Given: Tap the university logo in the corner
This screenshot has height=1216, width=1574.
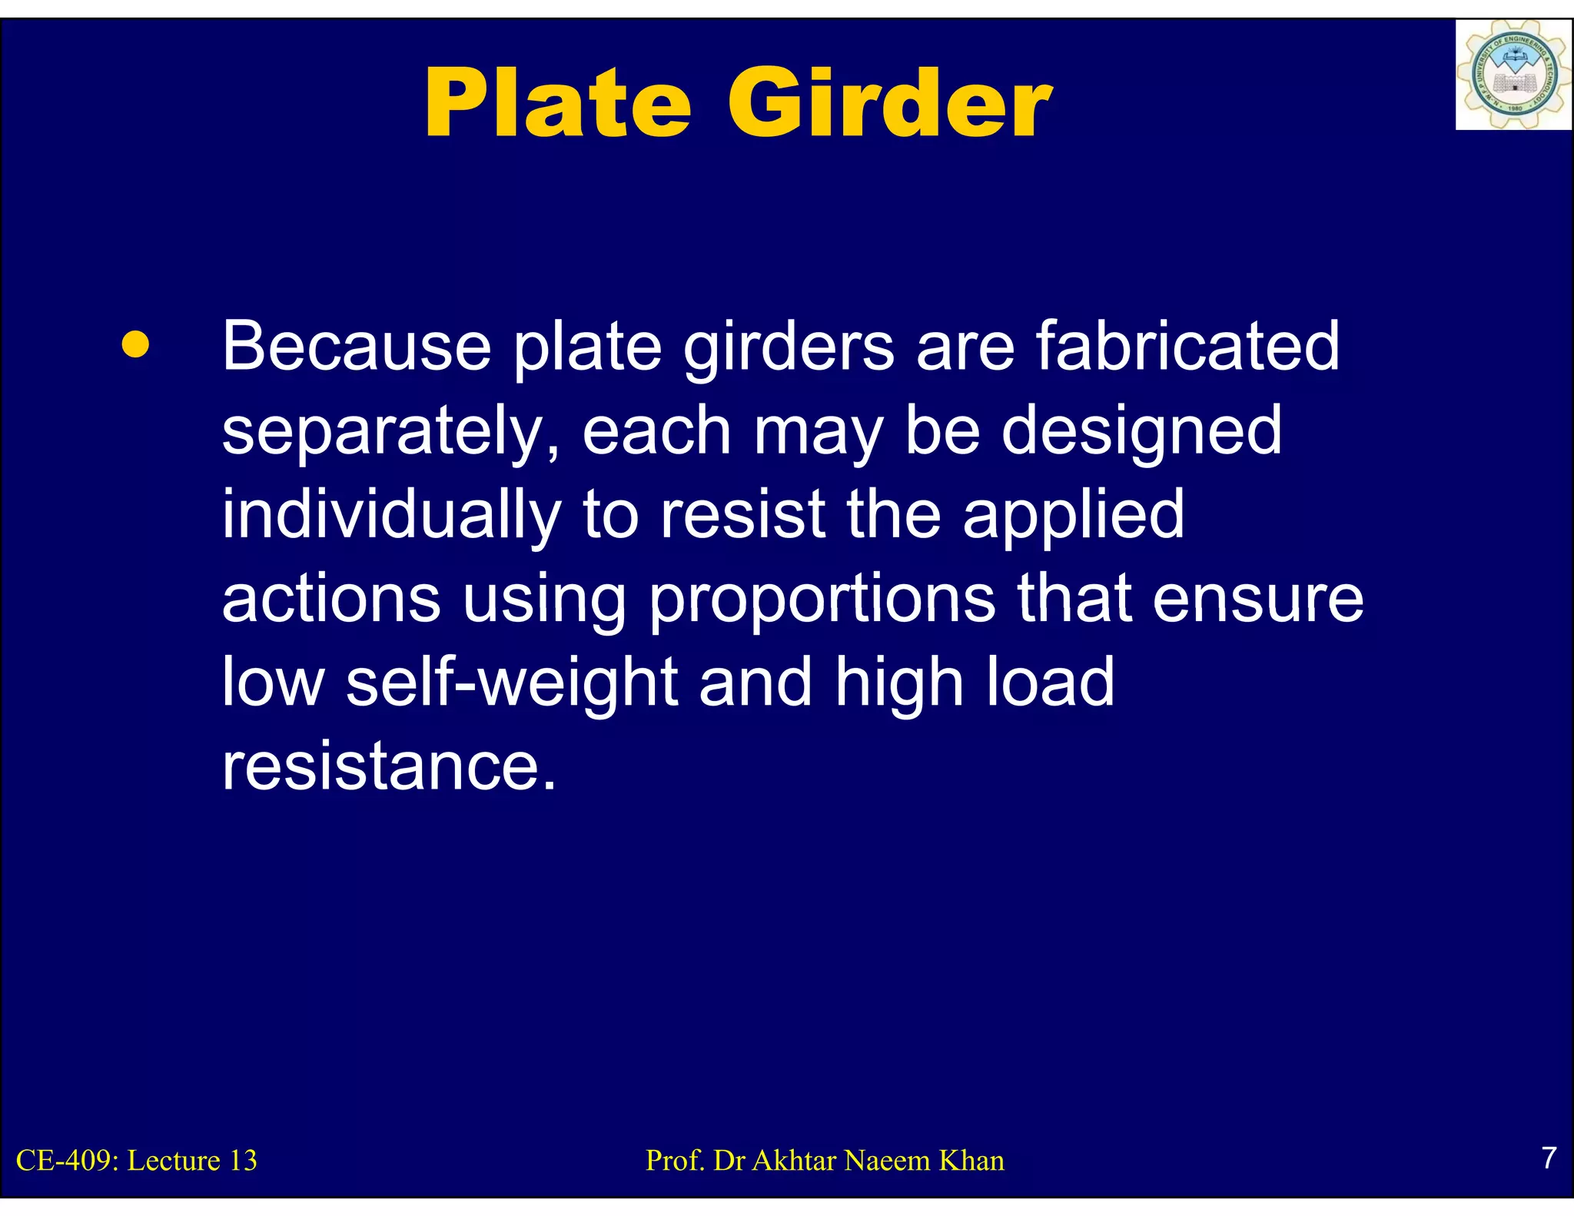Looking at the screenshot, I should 1513,75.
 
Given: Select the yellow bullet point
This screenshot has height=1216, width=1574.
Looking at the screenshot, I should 135,345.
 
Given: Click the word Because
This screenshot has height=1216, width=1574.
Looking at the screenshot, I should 357,347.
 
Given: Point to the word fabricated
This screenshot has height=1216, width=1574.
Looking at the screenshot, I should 1187,347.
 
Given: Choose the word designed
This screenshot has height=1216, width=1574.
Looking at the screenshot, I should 1142,431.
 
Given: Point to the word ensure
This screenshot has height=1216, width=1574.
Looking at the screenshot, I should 1258,600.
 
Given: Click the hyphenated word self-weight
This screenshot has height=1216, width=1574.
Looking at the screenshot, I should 511,683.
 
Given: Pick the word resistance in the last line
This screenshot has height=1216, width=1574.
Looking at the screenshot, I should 388,766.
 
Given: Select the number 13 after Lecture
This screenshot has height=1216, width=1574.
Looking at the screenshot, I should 243,1161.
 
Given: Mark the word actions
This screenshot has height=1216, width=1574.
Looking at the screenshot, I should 331,600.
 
